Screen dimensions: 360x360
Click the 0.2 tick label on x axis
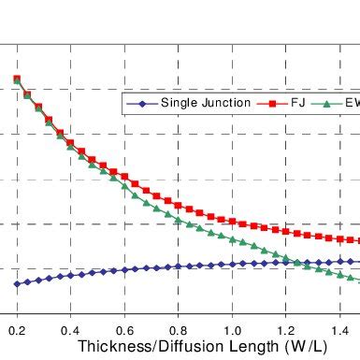point(17,331)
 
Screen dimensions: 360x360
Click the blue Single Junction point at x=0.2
point(17,284)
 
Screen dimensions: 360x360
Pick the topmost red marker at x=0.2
point(17,79)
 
